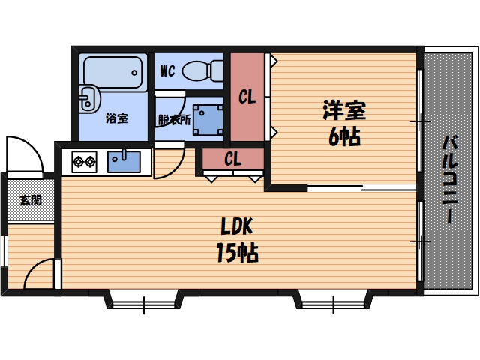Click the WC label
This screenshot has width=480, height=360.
pyautogui.click(x=168, y=73)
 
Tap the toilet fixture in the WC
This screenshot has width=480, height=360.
pyautogui.click(x=201, y=70)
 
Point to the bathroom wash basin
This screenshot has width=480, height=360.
pyautogui.click(x=89, y=97)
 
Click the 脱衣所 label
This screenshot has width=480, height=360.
pyautogui.click(x=174, y=119)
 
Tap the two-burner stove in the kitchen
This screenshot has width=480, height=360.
pyautogui.click(x=83, y=160)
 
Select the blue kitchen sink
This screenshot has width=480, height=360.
pyautogui.click(x=123, y=160)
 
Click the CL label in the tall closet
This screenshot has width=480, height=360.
pyautogui.click(x=247, y=97)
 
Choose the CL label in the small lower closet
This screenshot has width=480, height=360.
pyautogui.click(x=232, y=159)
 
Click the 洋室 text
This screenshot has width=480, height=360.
pyautogui.click(x=343, y=111)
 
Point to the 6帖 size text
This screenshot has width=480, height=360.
pyautogui.click(x=343, y=136)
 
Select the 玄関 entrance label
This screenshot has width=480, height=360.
pyautogui.click(x=31, y=200)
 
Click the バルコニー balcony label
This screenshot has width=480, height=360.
pyautogui.click(x=449, y=178)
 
